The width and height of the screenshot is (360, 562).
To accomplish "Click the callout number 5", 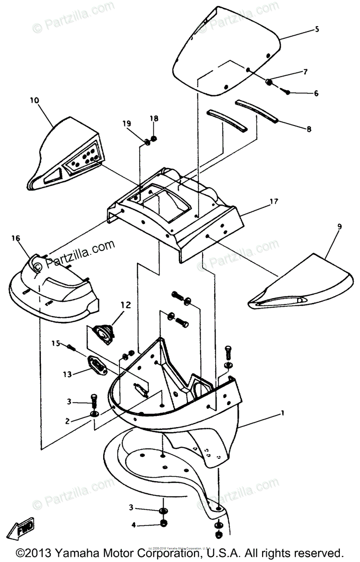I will click(317, 29).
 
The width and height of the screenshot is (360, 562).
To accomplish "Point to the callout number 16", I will click(16, 238).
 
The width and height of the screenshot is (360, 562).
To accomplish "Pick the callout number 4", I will click(133, 525).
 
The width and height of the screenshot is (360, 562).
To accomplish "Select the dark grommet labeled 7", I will click(270, 82).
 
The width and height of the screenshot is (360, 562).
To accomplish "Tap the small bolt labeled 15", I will click(71, 347).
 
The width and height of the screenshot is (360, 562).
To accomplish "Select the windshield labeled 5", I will click(225, 52).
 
